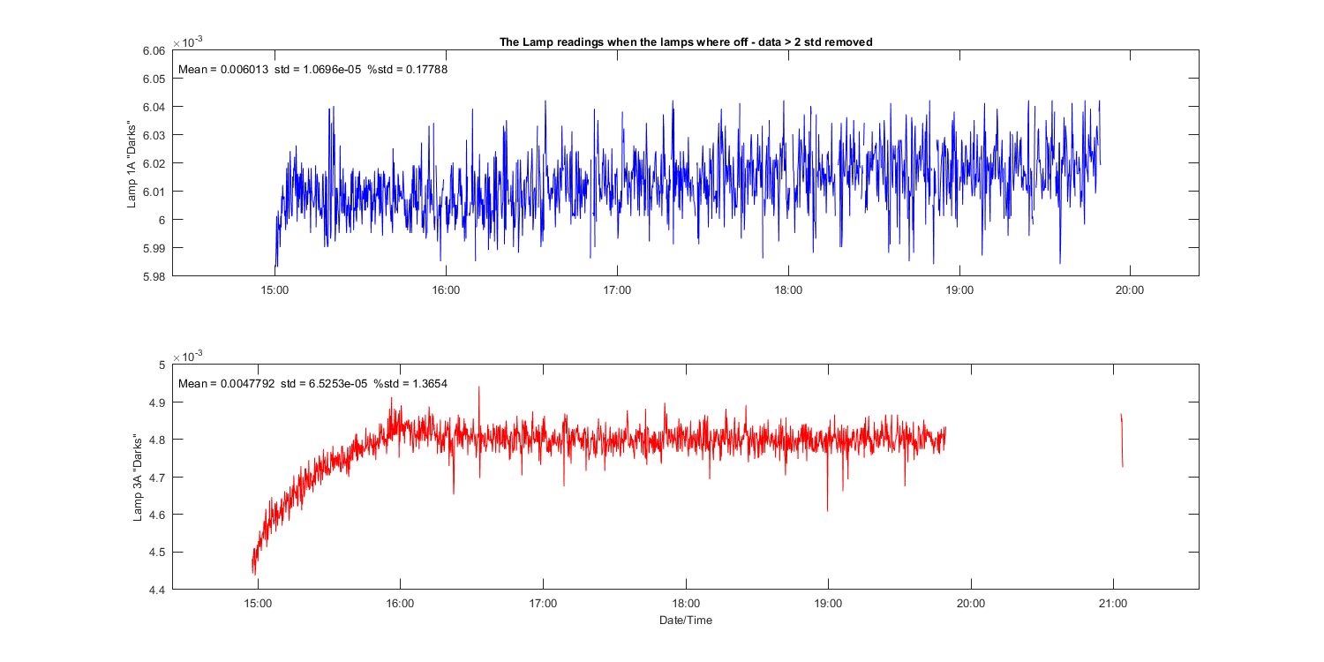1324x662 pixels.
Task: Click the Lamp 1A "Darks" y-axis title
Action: click(132, 163)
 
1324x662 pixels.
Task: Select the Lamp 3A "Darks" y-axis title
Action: click(138, 477)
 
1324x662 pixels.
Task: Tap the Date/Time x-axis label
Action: click(685, 620)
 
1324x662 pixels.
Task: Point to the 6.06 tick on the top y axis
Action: click(154, 51)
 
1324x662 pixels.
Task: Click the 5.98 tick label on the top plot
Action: click(154, 276)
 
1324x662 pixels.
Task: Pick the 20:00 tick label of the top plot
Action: click(1130, 290)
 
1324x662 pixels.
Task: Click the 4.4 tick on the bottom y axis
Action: click(157, 590)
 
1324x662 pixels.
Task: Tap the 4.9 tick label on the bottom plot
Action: click(157, 402)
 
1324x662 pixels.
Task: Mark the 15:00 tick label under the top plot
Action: click(275, 290)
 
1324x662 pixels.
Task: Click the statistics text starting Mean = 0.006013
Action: click(312, 70)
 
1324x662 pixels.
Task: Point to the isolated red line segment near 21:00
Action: click(1122, 440)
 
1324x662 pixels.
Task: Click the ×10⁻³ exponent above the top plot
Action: click(187, 41)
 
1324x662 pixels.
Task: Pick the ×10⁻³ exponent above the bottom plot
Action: click(187, 355)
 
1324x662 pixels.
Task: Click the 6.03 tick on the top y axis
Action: click(154, 135)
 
